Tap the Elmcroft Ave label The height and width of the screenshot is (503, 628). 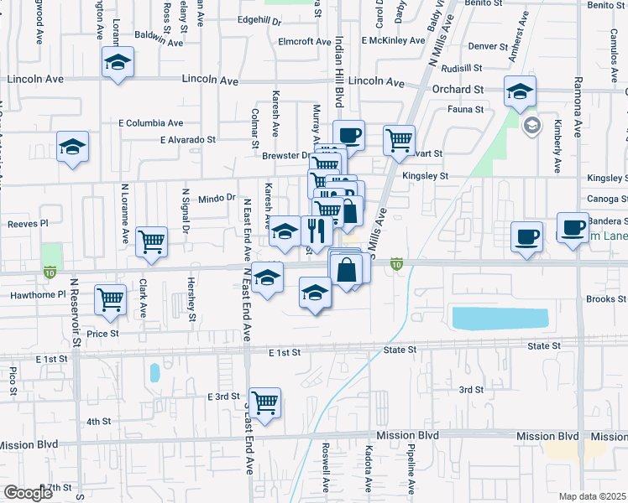pyautogui.click(x=306, y=41)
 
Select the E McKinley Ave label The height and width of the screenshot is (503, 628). pyautogui.click(x=393, y=40)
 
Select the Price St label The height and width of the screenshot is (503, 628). pyautogui.click(x=102, y=333)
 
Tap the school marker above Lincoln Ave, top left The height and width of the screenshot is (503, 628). pyautogui.click(x=118, y=62)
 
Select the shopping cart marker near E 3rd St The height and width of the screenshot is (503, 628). pyautogui.click(x=264, y=403)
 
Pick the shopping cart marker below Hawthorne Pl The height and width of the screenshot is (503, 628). pyautogui.click(x=111, y=300)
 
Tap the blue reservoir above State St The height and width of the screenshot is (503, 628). pyautogui.click(x=499, y=318)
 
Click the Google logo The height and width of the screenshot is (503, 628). pyautogui.click(x=28, y=493)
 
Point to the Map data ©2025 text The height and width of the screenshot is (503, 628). pyautogui.click(x=592, y=496)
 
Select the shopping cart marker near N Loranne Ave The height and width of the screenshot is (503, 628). pyautogui.click(x=151, y=241)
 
